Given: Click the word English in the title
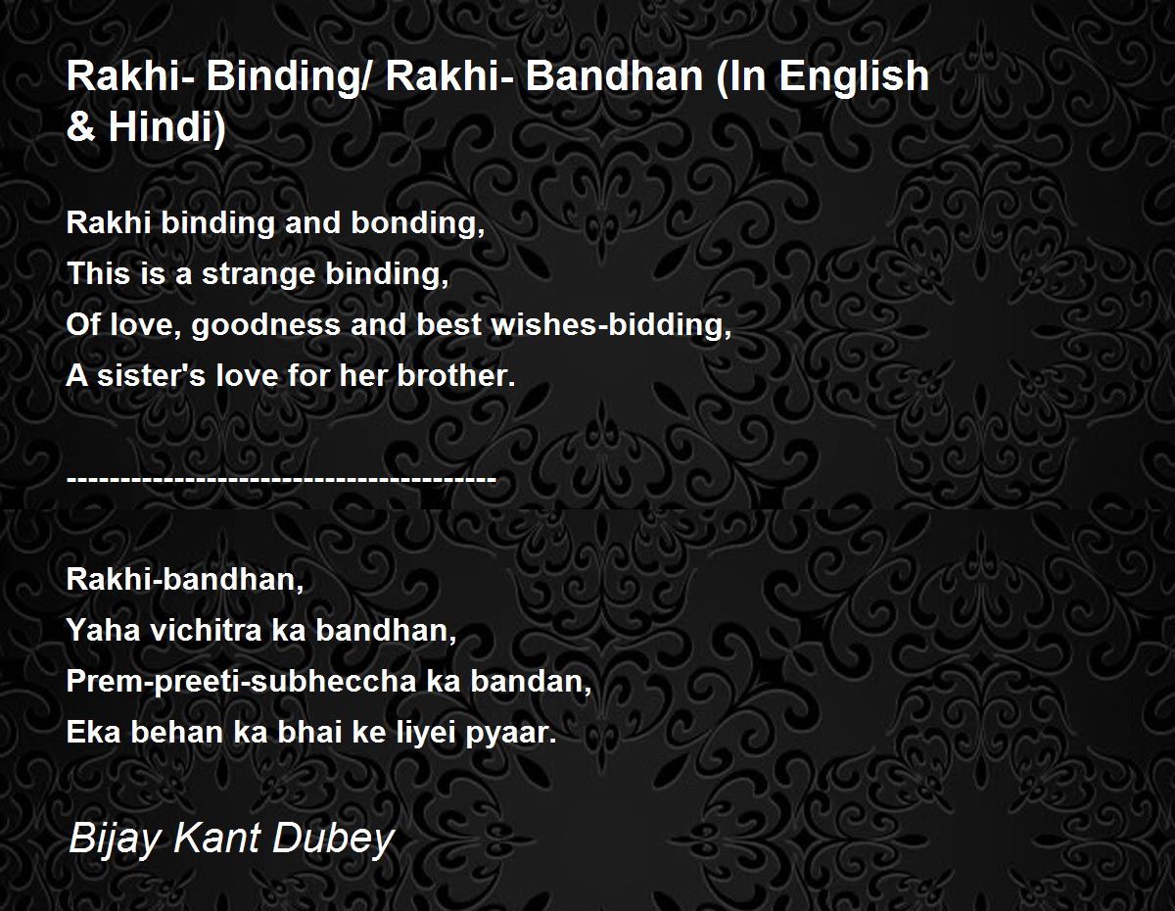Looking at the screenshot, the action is (854, 76).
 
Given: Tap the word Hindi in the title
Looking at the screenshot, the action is (166, 126).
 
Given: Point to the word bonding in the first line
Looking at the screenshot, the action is (418, 223).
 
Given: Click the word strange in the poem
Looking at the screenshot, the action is (258, 273).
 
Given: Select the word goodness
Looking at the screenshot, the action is (266, 325).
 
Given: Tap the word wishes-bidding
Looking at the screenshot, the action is (611, 325).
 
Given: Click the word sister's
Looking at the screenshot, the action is (152, 375).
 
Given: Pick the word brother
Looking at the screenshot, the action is (456, 375).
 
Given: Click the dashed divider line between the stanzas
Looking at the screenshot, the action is (281, 478).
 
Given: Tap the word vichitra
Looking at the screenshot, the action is (206, 630).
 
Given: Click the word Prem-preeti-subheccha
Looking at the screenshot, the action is (241, 682).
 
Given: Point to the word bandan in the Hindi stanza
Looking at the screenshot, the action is (531, 681).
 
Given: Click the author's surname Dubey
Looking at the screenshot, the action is (333, 839).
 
